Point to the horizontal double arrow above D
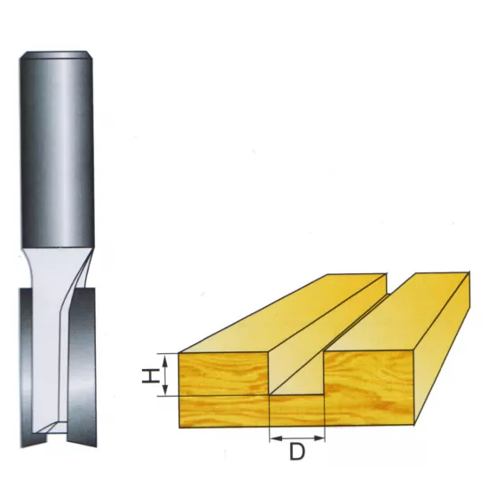(x=297, y=437)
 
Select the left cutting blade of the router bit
(x=27, y=364)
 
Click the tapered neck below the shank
(x=55, y=266)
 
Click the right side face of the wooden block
(x=444, y=346)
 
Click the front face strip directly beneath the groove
(x=297, y=410)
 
